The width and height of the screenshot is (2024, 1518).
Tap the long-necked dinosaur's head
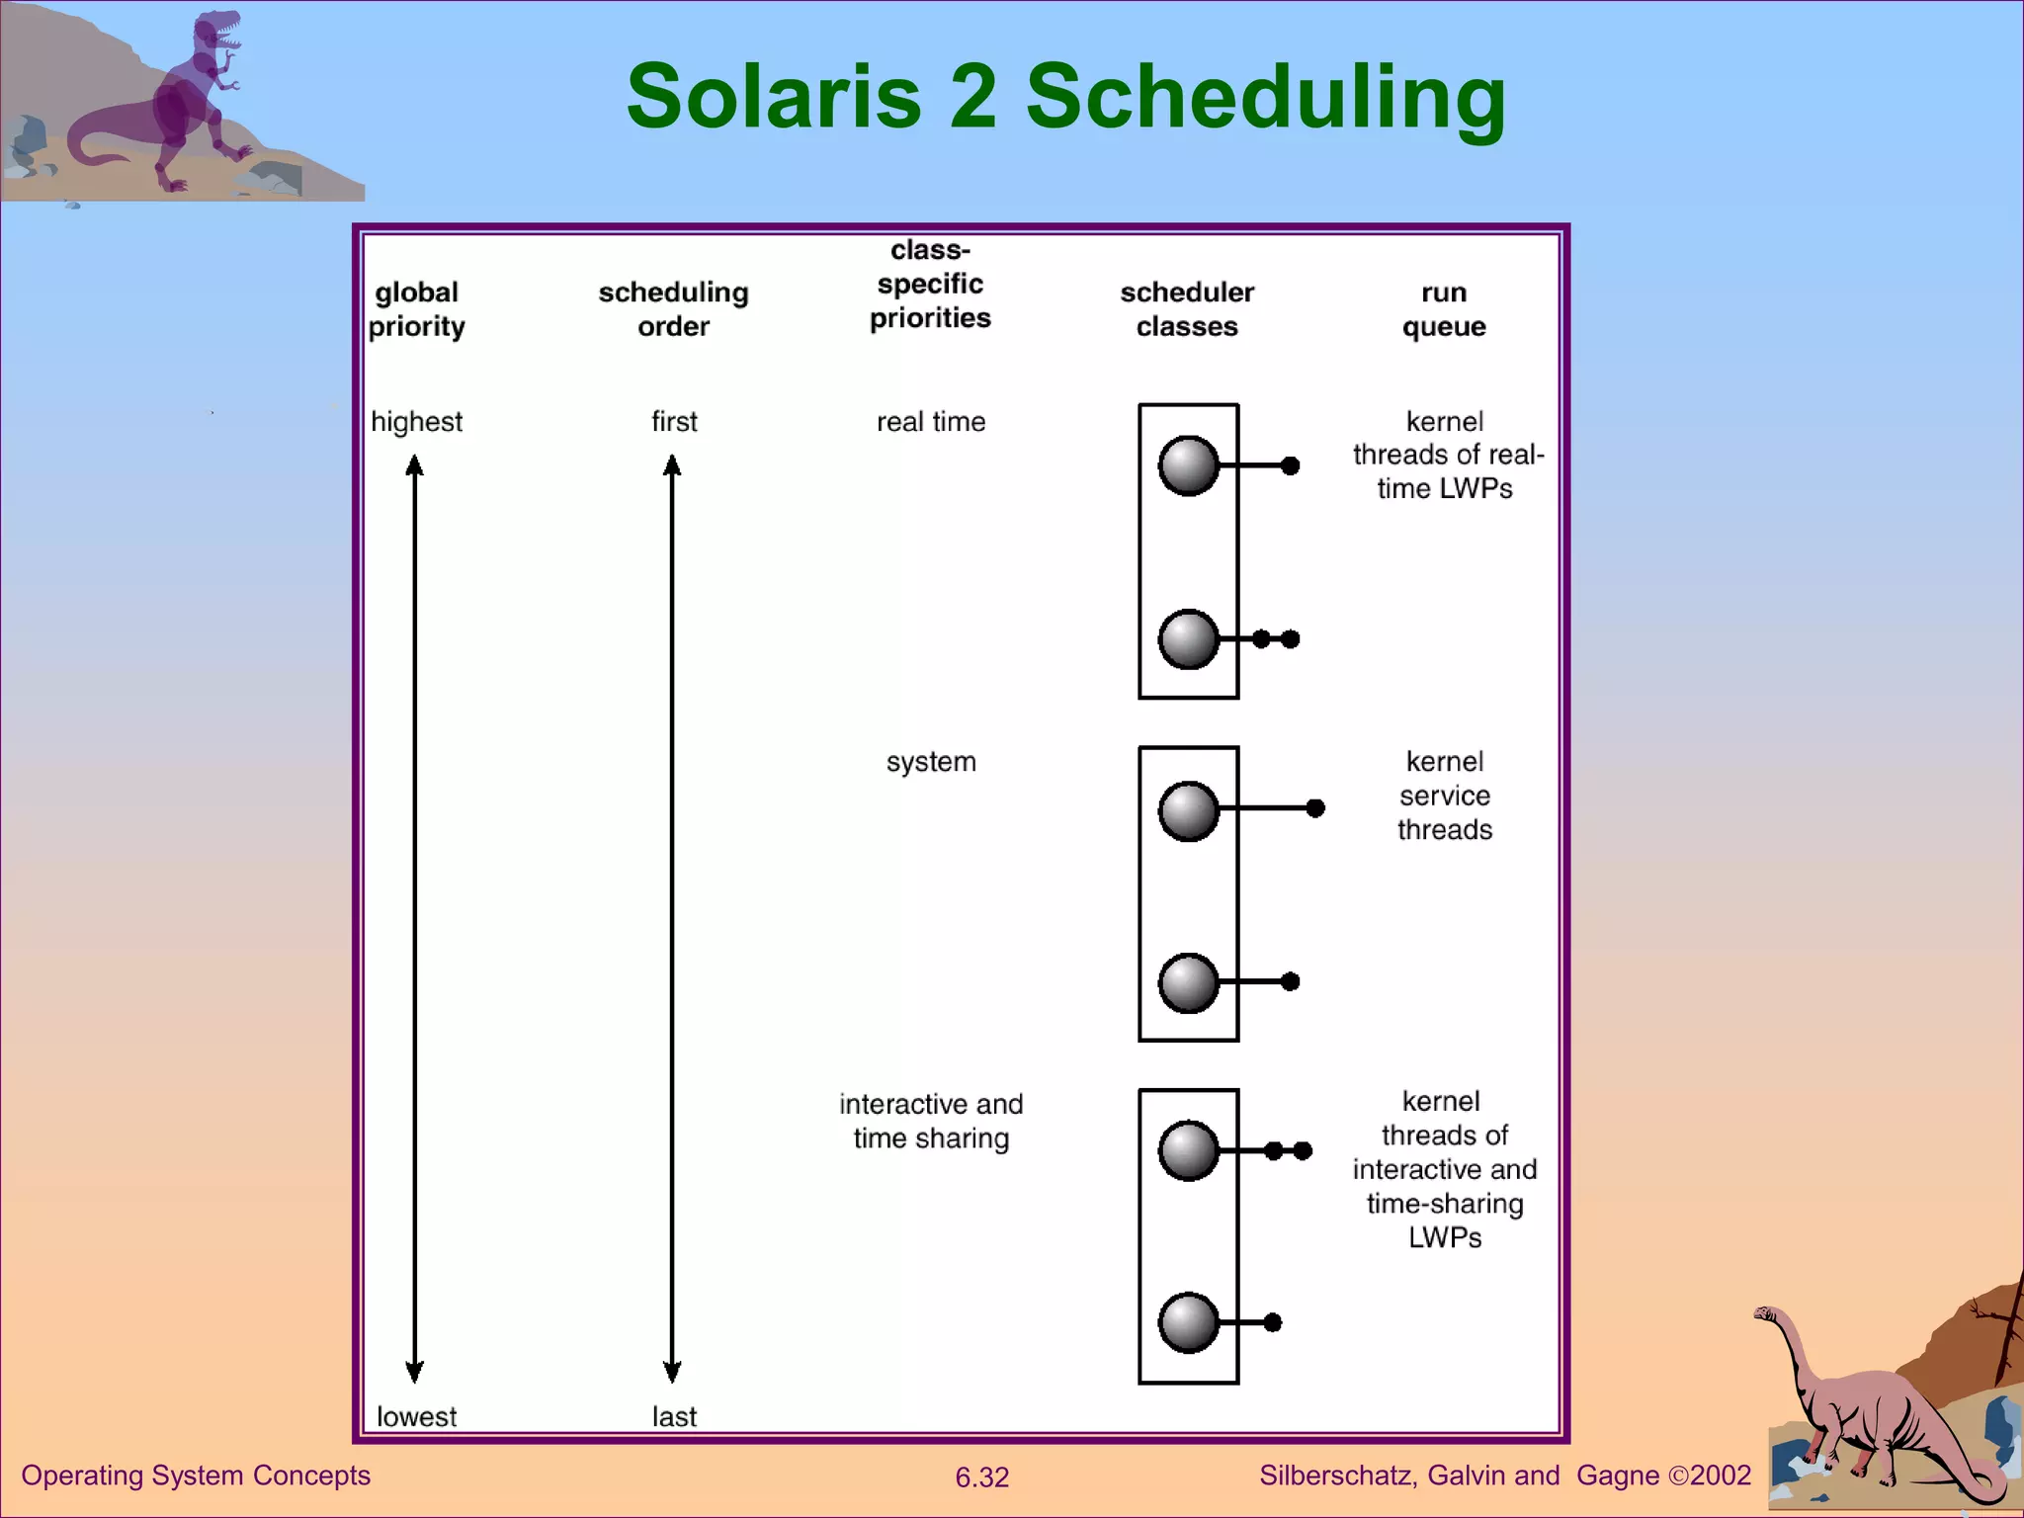pos(1765,1315)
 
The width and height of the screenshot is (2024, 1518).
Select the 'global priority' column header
pos(416,309)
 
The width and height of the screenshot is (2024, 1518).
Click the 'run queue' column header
pos(1444,309)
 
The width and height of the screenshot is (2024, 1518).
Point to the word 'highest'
pos(416,422)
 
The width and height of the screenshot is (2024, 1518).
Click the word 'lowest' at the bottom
pos(416,1416)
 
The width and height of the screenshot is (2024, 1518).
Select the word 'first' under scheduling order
pos(674,422)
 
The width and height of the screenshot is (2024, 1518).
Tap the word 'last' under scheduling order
pos(674,1416)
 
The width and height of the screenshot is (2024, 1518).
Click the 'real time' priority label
pos(931,422)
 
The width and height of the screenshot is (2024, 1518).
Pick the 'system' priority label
pos(931,762)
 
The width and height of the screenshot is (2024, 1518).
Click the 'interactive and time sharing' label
pos(931,1121)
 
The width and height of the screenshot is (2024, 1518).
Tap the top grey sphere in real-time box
pos(1188,465)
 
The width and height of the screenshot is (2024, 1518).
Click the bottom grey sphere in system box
pos(1188,982)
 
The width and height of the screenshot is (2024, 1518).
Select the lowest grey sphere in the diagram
pos(1188,1322)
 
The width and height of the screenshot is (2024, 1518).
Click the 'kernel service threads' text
pos(1444,796)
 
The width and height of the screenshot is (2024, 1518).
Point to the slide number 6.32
pos(981,1477)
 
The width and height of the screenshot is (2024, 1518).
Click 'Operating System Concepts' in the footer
pos(196,1476)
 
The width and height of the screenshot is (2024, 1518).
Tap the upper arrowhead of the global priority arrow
pos(415,465)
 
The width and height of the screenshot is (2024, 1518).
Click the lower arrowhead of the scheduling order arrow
pos(672,1372)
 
